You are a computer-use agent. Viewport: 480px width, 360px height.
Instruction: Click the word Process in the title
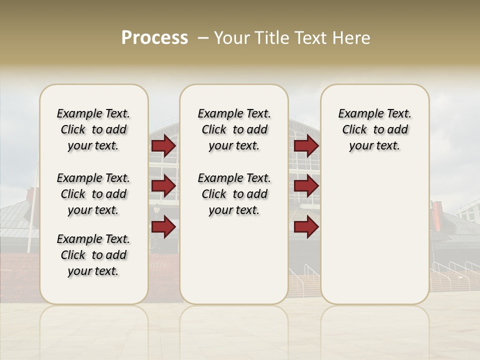pyautogui.click(x=154, y=37)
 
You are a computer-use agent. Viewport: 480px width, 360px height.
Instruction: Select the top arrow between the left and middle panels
pyautogui.click(x=163, y=145)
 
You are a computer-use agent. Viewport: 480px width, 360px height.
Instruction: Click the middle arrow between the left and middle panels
pyautogui.click(x=163, y=186)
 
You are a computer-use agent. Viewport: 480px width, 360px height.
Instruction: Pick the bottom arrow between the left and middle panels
pyautogui.click(x=163, y=227)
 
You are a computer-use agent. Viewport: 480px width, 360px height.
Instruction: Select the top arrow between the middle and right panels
pyautogui.click(x=306, y=145)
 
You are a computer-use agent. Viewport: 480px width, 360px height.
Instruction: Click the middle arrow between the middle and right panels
pyautogui.click(x=306, y=186)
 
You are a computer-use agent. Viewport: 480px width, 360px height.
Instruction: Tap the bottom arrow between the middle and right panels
pyautogui.click(x=306, y=227)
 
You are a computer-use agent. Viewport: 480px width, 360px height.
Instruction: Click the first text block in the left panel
pyautogui.click(x=93, y=129)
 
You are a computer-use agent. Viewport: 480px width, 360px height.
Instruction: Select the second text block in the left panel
pyautogui.click(x=93, y=194)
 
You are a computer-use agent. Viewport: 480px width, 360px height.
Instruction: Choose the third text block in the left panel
pyautogui.click(x=93, y=255)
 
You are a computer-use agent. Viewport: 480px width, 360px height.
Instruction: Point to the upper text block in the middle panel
pyautogui.click(x=234, y=129)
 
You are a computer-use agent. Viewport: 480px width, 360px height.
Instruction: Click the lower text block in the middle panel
pyautogui.click(x=234, y=194)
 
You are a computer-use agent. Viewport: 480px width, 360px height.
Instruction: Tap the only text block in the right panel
pyautogui.click(x=374, y=129)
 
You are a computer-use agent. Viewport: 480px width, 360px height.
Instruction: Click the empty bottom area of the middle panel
pyautogui.click(x=234, y=265)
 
